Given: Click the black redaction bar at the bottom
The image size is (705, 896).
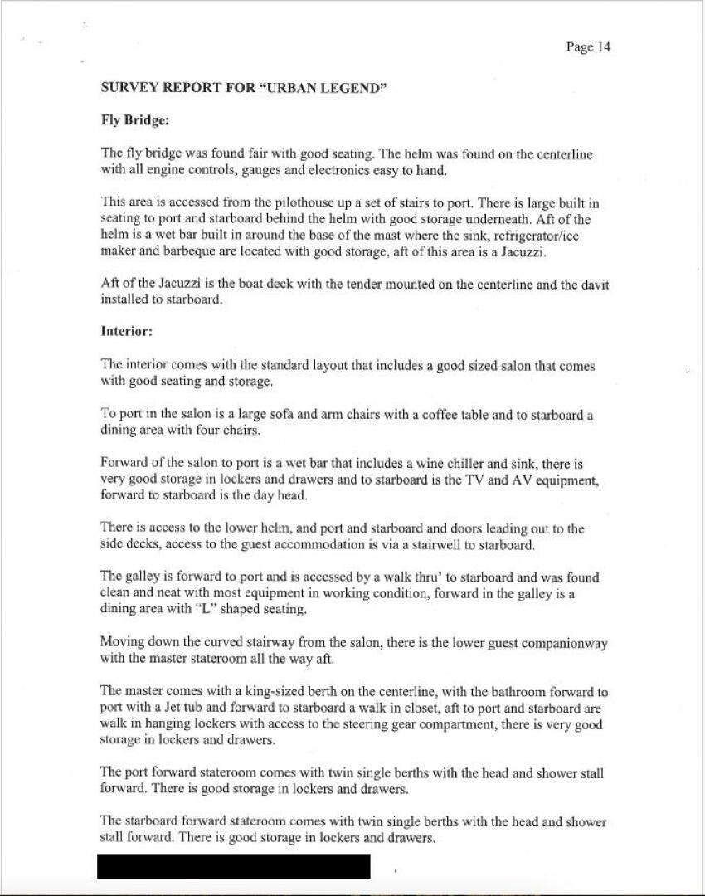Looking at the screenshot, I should (x=233, y=865).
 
